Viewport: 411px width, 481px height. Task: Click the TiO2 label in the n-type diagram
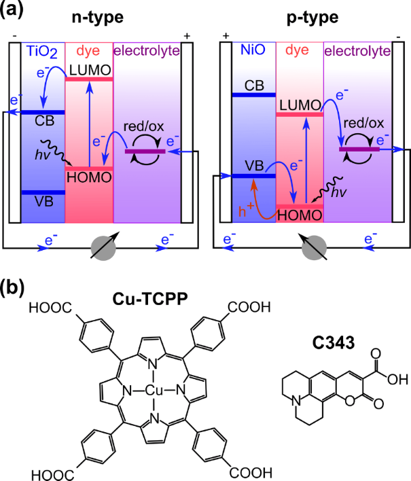(42, 52)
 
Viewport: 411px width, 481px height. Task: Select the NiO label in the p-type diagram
(253, 50)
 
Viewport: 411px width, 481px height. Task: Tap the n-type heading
(98, 18)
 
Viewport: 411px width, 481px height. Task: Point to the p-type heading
(312, 18)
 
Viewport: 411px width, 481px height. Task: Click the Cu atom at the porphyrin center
(154, 391)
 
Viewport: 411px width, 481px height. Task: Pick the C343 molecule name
(334, 342)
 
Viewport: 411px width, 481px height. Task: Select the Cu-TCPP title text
(150, 298)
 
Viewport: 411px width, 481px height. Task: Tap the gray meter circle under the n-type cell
(103, 249)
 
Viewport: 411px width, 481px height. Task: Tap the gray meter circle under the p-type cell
(314, 248)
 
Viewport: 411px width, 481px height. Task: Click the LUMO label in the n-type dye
(90, 70)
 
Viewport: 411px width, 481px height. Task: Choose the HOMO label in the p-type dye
(300, 215)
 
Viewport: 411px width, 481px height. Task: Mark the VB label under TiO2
(44, 202)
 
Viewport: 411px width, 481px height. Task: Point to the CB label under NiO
(254, 86)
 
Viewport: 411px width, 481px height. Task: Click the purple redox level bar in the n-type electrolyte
(145, 152)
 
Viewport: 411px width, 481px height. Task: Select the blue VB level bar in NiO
(253, 176)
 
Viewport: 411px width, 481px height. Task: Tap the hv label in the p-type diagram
(338, 192)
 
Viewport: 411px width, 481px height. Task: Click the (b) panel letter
(12, 288)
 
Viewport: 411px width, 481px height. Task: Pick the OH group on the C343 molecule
(398, 380)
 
